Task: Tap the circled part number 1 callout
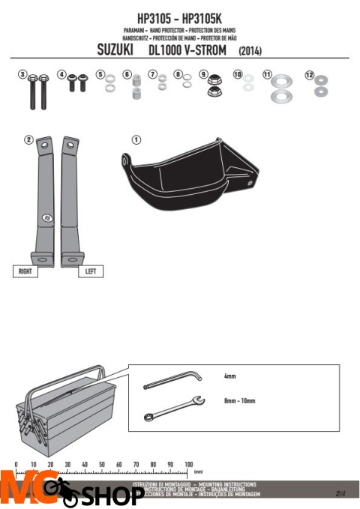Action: [x=136, y=140]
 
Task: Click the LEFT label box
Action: [x=91, y=272]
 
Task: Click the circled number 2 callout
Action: [x=28, y=139]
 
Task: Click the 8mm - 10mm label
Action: [x=239, y=401]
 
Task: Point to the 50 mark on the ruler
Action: [x=102, y=465]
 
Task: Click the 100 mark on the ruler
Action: [x=188, y=465]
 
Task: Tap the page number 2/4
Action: [x=340, y=493]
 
